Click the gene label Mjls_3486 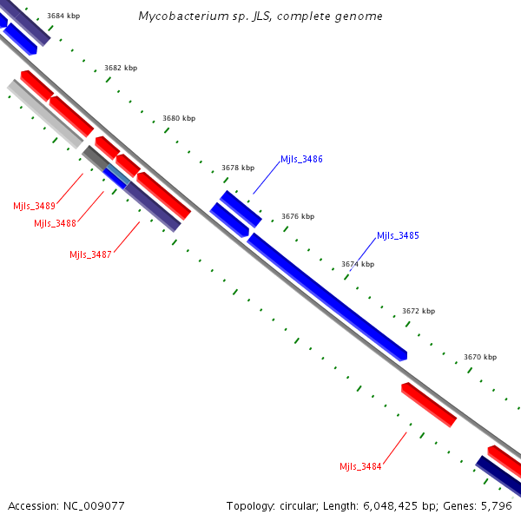[301, 160]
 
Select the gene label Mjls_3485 [398, 235]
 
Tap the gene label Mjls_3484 [360, 466]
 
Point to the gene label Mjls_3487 [90, 254]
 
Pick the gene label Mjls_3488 [55, 223]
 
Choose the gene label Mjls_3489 [34, 206]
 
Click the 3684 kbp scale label [63, 16]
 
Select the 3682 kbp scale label [121, 68]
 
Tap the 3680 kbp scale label [179, 118]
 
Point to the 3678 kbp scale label [238, 168]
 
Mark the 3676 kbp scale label [298, 216]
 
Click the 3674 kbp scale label [358, 264]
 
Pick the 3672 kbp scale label [419, 311]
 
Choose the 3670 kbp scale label [480, 357]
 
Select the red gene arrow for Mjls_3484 [429, 405]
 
